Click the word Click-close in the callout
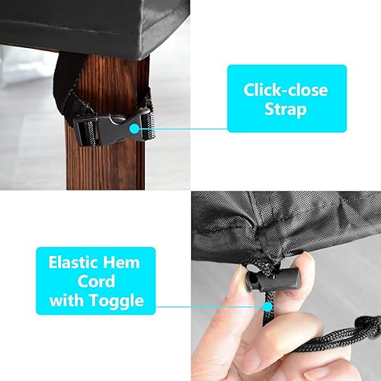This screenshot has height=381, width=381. click(x=285, y=89)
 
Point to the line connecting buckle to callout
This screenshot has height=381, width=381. click(x=183, y=129)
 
